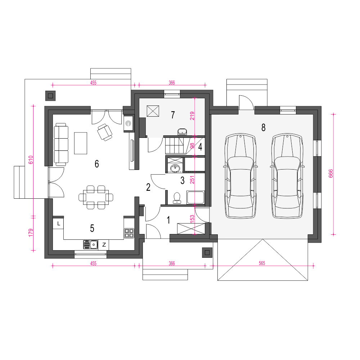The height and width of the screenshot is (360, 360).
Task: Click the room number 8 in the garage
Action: [264, 127]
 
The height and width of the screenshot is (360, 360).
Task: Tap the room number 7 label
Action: [173, 115]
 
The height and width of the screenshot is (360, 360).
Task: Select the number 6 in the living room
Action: [96, 164]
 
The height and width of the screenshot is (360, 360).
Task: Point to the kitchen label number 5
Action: [92, 228]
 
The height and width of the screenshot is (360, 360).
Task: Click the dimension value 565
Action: [262, 263]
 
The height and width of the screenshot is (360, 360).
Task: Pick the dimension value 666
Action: [330, 174]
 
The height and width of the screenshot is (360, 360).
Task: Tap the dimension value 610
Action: [31, 160]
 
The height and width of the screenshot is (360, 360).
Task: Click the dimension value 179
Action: [31, 233]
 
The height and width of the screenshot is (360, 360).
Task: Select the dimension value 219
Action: [192, 116]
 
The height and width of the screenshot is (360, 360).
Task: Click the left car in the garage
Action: [240, 176]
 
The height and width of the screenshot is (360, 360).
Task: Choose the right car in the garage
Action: [287, 176]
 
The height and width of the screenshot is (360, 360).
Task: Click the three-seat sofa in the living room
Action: [61, 144]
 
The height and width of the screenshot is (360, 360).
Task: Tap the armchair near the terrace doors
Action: [105, 132]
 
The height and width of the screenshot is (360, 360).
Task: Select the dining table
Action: [96, 197]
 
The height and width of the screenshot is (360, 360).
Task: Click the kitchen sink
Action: [90, 245]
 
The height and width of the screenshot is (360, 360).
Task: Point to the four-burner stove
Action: [129, 233]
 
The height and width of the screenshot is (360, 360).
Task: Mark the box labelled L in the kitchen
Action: [58, 224]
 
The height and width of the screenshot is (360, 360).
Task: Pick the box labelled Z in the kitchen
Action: [104, 245]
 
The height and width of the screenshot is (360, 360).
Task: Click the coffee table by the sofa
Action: [81, 143]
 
